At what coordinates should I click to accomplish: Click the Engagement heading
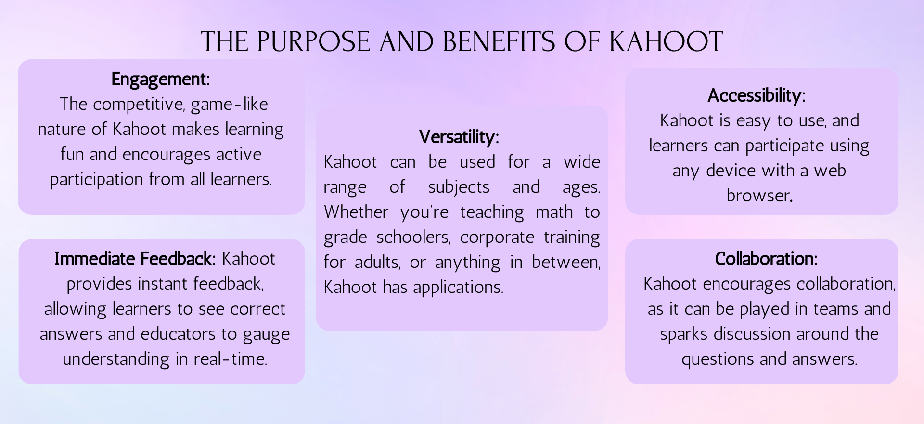[x=161, y=79]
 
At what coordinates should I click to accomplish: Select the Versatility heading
[x=459, y=137]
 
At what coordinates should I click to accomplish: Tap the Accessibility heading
[x=756, y=96]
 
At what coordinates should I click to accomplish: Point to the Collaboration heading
[x=766, y=259]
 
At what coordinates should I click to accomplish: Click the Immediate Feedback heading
[x=135, y=259]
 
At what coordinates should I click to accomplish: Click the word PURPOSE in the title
[x=313, y=41]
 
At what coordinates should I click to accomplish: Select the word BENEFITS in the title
[x=499, y=41]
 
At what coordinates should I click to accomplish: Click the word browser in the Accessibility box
[x=759, y=196]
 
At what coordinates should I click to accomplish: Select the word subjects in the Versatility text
[x=459, y=187]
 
